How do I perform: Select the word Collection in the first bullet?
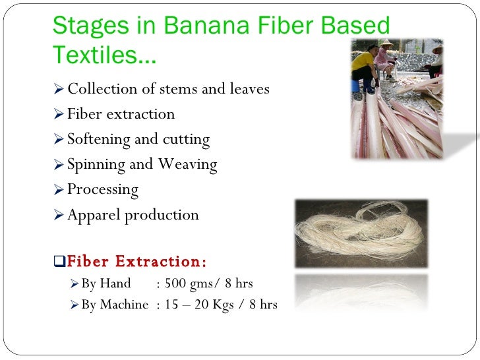click(x=100, y=89)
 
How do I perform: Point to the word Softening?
click(x=98, y=140)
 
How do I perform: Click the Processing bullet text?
click(x=103, y=191)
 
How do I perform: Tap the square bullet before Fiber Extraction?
click(x=60, y=262)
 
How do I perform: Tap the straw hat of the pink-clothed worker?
click(x=386, y=44)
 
